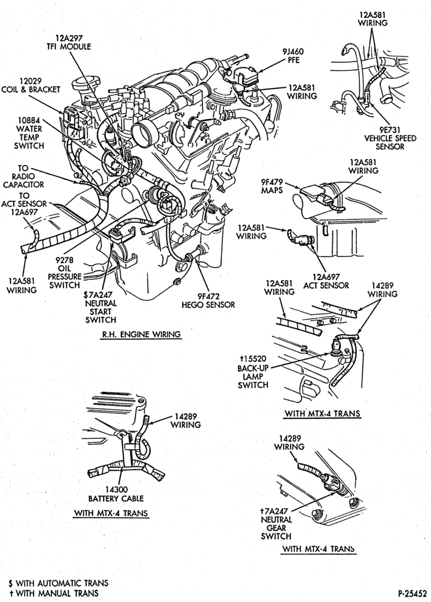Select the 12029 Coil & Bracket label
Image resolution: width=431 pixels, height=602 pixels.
tap(31, 85)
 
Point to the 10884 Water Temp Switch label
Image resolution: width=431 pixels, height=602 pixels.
tap(29, 133)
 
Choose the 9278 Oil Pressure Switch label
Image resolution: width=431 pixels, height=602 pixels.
tap(65, 272)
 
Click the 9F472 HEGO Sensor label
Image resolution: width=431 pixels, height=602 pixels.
tap(208, 300)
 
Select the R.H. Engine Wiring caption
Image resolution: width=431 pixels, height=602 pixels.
tap(141, 334)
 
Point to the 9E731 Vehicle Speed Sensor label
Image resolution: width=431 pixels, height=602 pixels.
tap(390, 138)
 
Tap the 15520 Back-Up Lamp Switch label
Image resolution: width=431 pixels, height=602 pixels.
tap(253, 372)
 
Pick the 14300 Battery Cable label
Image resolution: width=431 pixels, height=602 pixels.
tap(116, 494)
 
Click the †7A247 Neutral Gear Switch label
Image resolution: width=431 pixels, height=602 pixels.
tap(276, 524)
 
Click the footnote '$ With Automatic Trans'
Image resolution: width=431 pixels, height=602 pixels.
tap(58, 583)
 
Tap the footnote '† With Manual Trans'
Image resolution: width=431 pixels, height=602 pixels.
tap(54, 593)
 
